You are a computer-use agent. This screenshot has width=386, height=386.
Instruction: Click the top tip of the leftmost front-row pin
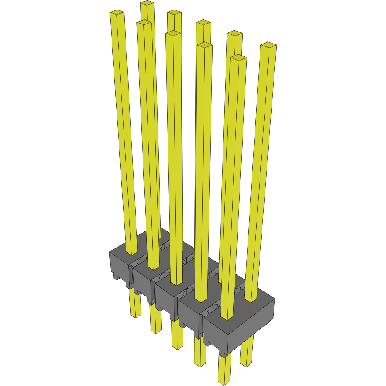point(117,13)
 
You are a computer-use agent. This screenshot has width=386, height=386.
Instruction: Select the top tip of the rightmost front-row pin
point(238,58)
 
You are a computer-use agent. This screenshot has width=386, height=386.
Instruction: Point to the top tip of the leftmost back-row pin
point(147,3)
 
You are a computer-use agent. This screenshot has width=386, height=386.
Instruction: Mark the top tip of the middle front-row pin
point(173,34)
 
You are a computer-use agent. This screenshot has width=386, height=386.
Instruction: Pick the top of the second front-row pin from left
point(144,23)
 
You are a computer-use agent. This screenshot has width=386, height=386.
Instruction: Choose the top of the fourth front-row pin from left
point(204,45)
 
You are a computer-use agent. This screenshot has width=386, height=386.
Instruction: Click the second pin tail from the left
point(155,319)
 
